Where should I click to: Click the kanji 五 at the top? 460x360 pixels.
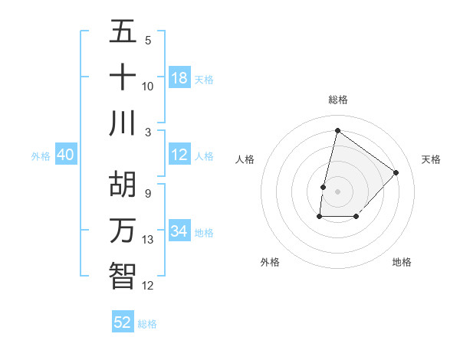coord(123,31)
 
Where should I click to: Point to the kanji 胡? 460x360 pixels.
coord(123,184)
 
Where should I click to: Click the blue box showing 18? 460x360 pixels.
coord(179,78)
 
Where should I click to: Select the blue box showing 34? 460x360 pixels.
coord(179,231)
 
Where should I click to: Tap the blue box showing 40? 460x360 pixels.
coord(66,155)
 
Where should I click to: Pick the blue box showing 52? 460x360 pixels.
coord(123,322)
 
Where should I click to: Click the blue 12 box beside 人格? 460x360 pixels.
coord(179,155)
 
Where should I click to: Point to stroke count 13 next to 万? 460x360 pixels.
coord(148,240)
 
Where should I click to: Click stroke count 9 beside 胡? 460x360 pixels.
coord(147,193)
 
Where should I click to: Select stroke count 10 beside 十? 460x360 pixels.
coord(148,86)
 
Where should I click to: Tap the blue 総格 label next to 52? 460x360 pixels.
coord(147,324)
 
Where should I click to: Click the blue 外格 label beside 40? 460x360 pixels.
coord(41,156)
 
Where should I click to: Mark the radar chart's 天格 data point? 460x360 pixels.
coord(396,172)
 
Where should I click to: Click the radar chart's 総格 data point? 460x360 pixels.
coord(337,130)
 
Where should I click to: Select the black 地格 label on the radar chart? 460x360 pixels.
coord(402,263)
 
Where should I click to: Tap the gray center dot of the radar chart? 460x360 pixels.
coord(337,191)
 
